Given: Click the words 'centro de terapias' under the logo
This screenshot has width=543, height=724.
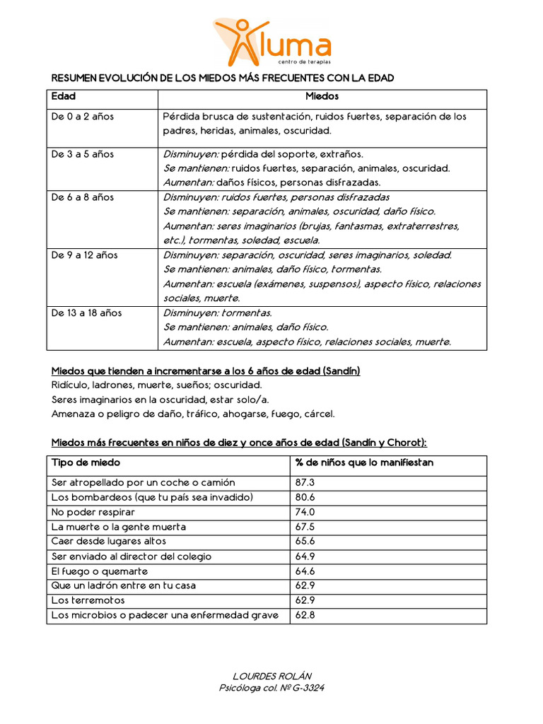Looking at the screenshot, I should (300, 63).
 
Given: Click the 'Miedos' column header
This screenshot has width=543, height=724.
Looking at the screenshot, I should (322, 96).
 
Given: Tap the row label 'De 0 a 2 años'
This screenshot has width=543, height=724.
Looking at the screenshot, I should (82, 117).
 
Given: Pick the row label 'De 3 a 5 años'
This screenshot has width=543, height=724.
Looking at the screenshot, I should (82, 154).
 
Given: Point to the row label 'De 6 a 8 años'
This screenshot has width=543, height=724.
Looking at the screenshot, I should (82, 197).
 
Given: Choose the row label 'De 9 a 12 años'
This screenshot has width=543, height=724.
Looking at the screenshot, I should (84, 255).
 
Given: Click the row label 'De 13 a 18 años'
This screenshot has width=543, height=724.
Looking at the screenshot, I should (86, 313).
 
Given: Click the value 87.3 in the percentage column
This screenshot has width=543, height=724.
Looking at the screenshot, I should (305, 482).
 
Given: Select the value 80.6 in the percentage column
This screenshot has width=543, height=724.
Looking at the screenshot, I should (305, 497).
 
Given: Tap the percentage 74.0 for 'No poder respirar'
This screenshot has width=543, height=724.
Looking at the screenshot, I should (305, 512).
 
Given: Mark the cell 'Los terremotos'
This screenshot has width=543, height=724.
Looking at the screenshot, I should (88, 600).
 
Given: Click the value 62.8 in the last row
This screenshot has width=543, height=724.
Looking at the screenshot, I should (305, 615).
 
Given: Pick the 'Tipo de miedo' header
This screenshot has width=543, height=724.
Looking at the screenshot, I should (86, 463).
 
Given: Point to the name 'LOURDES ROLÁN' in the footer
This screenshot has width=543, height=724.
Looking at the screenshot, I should (272, 675).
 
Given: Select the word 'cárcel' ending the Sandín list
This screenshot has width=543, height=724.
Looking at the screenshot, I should (319, 414).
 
